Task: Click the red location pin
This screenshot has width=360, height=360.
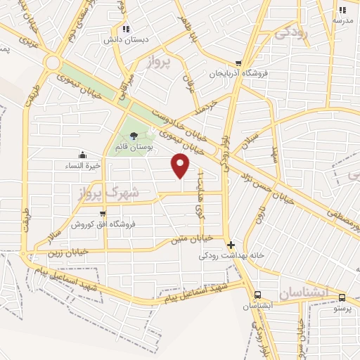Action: pyautogui.click(x=181, y=165)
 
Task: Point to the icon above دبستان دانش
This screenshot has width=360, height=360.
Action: pyautogui.click(x=125, y=29)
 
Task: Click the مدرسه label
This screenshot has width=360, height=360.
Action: pyautogui.click(x=342, y=20)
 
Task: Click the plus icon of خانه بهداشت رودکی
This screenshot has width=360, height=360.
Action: pyautogui.click(x=231, y=245)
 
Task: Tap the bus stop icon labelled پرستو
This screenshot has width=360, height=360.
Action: pyautogui.click(x=342, y=297)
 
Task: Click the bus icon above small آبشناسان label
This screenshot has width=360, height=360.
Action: pyautogui.click(x=257, y=295)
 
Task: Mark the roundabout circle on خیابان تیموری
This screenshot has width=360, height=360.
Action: pyautogui.click(x=52, y=63)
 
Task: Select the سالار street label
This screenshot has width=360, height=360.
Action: pyautogui.click(x=53, y=230)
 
